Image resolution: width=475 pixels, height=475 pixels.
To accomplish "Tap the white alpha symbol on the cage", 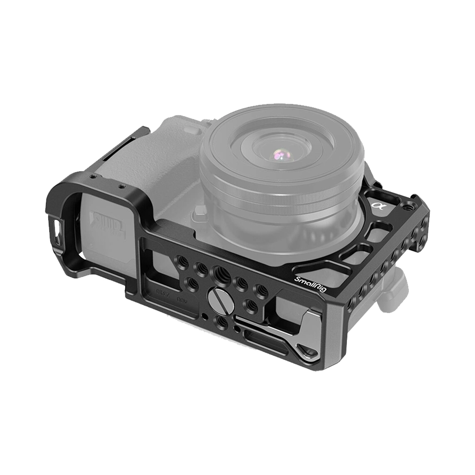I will click(375, 205).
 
